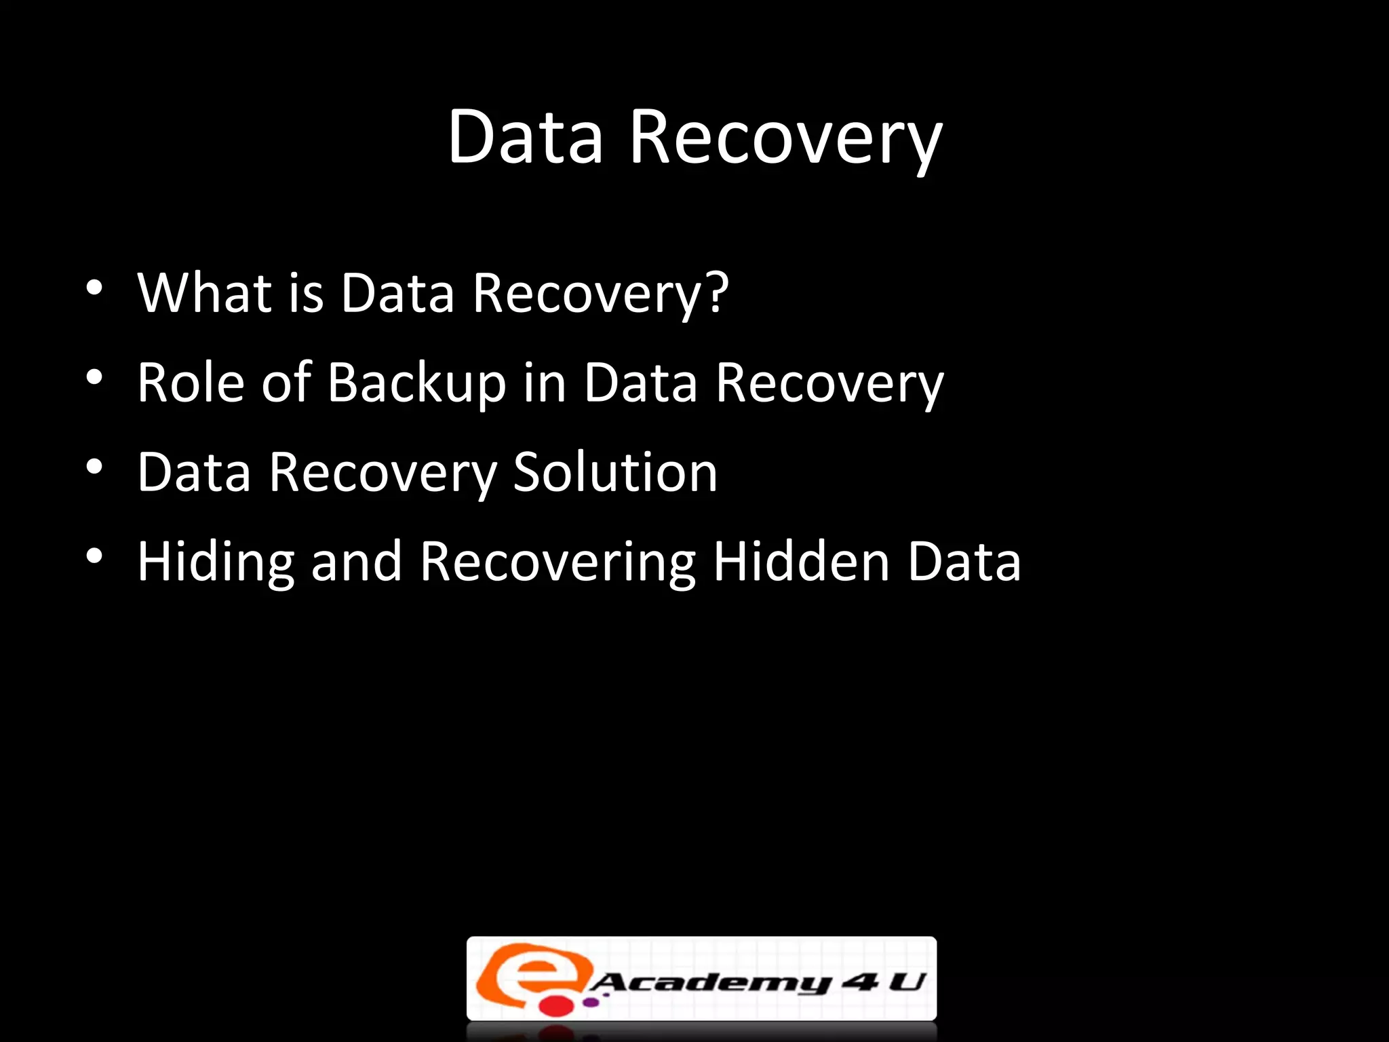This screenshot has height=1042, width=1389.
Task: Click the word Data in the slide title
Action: pyautogui.click(x=525, y=137)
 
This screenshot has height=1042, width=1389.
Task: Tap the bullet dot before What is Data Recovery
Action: pyautogui.click(x=94, y=288)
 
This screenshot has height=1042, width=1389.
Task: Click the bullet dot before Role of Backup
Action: pyautogui.click(x=94, y=377)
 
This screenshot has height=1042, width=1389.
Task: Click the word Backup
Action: pyautogui.click(x=416, y=384)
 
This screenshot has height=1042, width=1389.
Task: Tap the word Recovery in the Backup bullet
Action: pyautogui.click(x=829, y=385)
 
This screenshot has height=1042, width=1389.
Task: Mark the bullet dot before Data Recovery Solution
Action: pyautogui.click(x=94, y=467)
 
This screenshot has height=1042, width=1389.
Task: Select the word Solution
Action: pyautogui.click(x=614, y=472)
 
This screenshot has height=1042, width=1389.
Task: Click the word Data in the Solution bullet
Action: pyautogui.click(x=194, y=472)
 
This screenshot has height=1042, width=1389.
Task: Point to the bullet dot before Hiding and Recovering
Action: pyautogui.click(x=94, y=556)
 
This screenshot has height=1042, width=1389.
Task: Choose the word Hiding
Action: pyautogui.click(x=216, y=563)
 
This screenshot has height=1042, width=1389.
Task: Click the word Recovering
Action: pyautogui.click(x=557, y=563)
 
